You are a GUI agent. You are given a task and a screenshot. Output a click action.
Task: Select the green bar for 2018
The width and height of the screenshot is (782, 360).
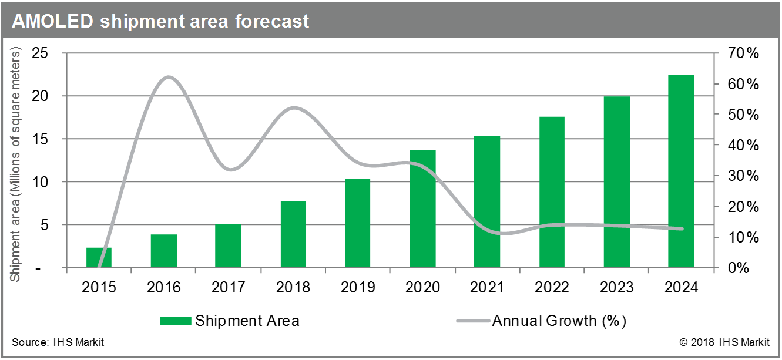coord(293,234)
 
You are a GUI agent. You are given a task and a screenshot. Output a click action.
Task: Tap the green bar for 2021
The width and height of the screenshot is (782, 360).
coord(487,202)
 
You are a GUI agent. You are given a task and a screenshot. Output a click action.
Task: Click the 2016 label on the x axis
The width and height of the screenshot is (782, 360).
coord(163,288)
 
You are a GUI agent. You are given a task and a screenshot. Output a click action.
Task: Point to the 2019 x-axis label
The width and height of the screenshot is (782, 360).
coord(358,288)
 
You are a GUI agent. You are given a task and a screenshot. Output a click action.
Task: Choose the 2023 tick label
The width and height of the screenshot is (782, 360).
coord(616,288)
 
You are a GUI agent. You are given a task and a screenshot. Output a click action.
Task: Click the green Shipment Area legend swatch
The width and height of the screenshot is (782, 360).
coord(176,321)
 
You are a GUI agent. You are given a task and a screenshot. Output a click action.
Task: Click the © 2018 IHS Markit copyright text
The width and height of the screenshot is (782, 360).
coord(725,342)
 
